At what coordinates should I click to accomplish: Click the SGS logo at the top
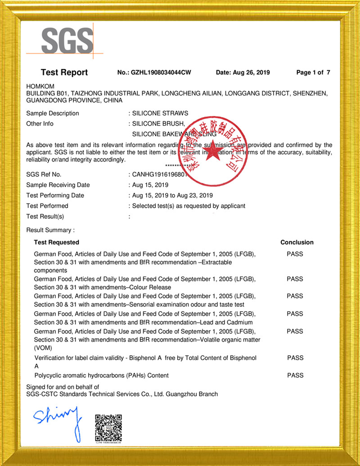67,41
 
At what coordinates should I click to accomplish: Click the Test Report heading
64,72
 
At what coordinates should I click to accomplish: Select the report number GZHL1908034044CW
161,72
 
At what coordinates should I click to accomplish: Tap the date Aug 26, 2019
243,72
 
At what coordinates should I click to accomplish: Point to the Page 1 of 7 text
313,72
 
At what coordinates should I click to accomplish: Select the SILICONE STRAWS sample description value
160,113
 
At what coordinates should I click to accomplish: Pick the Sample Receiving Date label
58,185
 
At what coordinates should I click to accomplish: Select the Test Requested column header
56,242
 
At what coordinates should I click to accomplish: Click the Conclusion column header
297,242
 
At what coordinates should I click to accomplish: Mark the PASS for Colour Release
295,279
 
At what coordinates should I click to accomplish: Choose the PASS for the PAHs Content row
295,375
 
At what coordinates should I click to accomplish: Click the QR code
108,427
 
